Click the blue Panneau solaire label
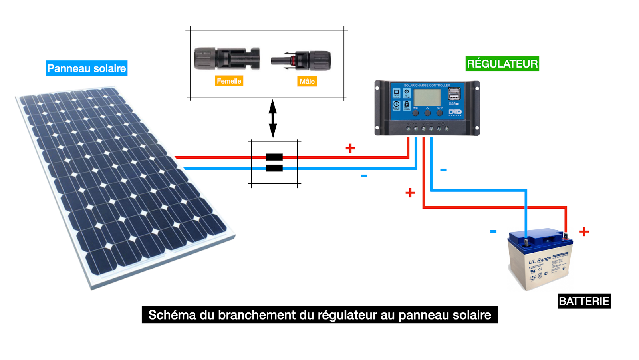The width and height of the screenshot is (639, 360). click(86, 68)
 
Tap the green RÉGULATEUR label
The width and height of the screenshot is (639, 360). click(502, 64)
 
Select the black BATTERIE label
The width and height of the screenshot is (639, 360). click(583, 301)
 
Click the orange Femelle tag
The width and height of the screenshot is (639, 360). click(229, 81)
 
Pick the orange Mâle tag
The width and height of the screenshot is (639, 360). click(307, 81)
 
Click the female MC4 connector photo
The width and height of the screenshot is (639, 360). click(226, 59)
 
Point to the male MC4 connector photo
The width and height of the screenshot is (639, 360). click(302, 61)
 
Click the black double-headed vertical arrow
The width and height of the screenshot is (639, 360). click(273, 119)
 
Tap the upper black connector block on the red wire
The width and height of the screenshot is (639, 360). click(274, 157)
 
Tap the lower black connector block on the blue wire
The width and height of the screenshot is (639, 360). click(274, 168)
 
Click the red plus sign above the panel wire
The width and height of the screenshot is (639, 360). click(350, 149)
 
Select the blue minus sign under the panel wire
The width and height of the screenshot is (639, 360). click(363, 176)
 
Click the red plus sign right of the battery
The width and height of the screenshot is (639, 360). click(584, 231)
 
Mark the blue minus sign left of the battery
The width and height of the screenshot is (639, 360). click(493, 231)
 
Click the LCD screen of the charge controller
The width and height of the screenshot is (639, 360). click(427, 97)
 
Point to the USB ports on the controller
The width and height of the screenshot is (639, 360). click(454, 94)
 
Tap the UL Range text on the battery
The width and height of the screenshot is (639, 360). click(540, 260)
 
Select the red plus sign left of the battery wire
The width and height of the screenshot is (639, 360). click(410, 193)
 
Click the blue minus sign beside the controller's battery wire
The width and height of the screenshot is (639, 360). click(443, 170)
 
